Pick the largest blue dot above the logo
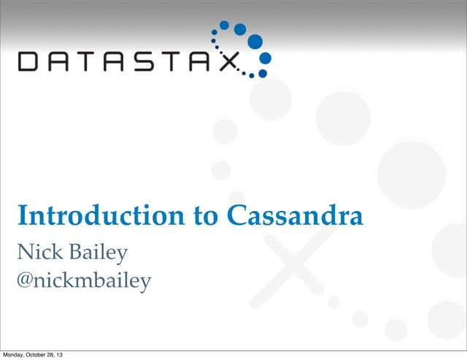click(x=255, y=41)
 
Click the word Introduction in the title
click(x=84, y=216)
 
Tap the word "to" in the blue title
click(x=169, y=216)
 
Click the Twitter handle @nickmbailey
click(x=84, y=280)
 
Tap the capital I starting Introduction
click(x=22, y=216)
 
